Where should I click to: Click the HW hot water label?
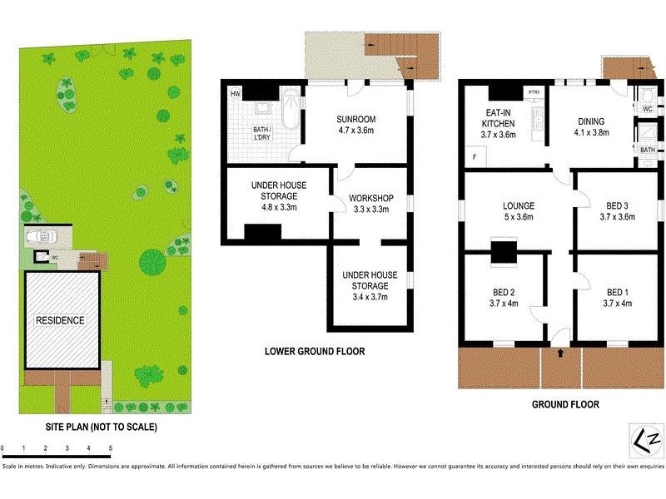pyautogui.click(x=236, y=92)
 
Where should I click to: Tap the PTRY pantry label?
pyautogui.click(x=534, y=92)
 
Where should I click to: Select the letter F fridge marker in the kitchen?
pyautogui.click(x=475, y=156)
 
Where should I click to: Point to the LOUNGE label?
pyautogui.click(x=518, y=206)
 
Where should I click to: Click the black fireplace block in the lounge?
pyautogui.click(x=502, y=251)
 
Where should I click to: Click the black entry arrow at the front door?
pyautogui.click(x=560, y=353)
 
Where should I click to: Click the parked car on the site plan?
pyautogui.click(x=39, y=238)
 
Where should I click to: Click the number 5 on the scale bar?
pyautogui.click(x=110, y=448)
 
